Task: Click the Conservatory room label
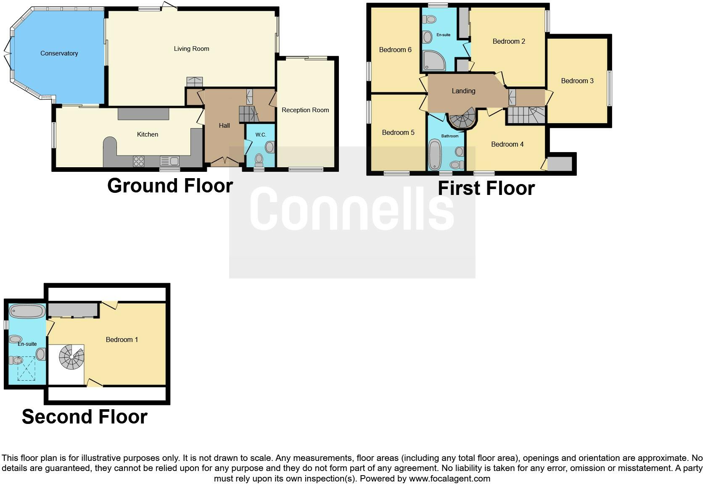(x=59, y=53)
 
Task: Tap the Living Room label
(x=191, y=49)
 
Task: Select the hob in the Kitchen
(x=139, y=161)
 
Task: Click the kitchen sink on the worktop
(x=169, y=160)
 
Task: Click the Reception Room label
(x=305, y=110)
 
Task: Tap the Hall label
(x=224, y=125)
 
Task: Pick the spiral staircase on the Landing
(x=462, y=118)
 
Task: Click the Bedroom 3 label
(x=577, y=81)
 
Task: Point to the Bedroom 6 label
(x=395, y=50)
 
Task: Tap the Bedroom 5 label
(x=398, y=132)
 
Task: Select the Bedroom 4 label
(x=507, y=144)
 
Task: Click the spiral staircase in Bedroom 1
(x=71, y=357)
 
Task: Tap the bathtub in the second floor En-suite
(x=28, y=311)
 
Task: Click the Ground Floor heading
(x=170, y=185)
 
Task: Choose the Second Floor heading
(x=85, y=416)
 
